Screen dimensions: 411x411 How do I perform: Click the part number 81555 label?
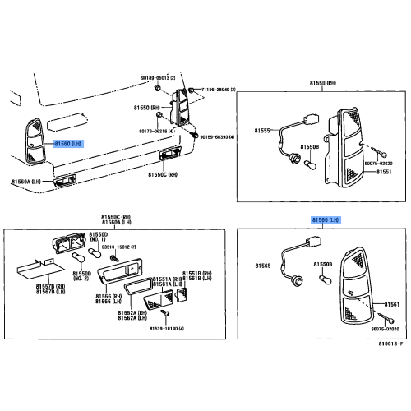tap(262, 130)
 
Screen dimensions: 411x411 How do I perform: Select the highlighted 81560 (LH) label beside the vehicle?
tap(68, 143)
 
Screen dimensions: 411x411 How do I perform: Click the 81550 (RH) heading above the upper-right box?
tap(324, 84)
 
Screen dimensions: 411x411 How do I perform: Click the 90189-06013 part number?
tap(159, 76)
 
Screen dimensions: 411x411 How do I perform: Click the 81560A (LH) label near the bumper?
tap(26, 182)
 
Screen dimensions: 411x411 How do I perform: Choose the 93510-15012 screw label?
tap(120, 247)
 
